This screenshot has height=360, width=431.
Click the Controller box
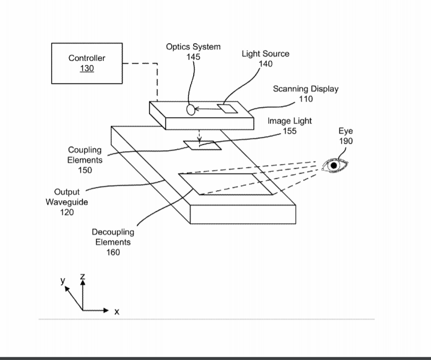(x=87, y=63)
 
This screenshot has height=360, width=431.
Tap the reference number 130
(x=87, y=69)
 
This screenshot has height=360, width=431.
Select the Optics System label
(x=193, y=47)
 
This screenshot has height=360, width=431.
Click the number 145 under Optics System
(x=193, y=56)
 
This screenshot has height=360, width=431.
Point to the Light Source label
(x=266, y=54)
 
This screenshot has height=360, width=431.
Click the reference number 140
(x=266, y=64)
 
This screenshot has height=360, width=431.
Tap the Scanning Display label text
(x=305, y=89)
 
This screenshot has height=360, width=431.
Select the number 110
(x=306, y=99)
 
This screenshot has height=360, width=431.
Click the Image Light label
(x=289, y=121)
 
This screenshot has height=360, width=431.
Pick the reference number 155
(x=289, y=131)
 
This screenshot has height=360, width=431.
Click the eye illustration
(x=334, y=166)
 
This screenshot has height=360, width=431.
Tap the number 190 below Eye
(x=346, y=141)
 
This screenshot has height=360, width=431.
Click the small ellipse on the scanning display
(x=190, y=110)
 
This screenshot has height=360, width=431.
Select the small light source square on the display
(x=228, y=108)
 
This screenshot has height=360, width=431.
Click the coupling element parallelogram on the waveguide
(x=199, y=145)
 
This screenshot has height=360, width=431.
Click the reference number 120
(x=67, y=212)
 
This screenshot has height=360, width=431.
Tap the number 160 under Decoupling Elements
(x=113, y=252)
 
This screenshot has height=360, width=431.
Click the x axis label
(x=117, y=312)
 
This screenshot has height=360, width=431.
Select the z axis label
(x=82, y=277)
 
